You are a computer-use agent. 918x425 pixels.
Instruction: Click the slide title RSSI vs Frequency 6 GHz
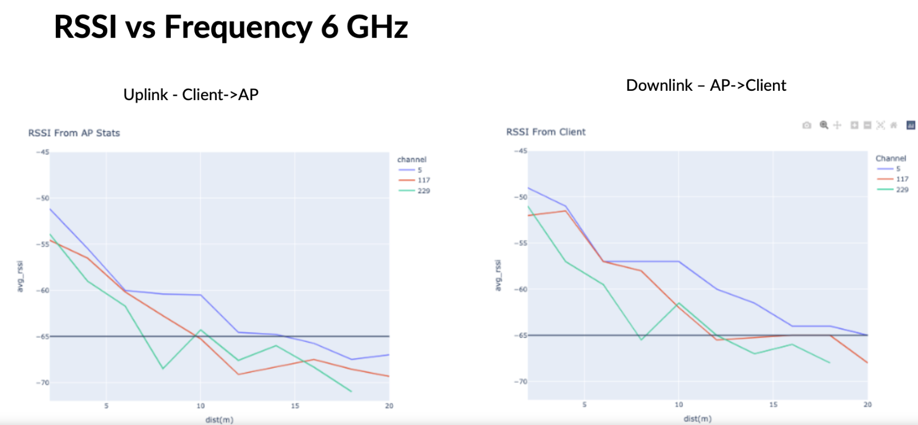(230, 27)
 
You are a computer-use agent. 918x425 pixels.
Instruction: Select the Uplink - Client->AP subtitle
(191, 95)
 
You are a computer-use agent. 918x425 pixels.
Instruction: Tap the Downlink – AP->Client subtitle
(706, 85)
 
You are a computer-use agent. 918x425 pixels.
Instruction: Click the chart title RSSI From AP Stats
(74, 133)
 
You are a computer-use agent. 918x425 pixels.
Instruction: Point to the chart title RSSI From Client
(546, 132)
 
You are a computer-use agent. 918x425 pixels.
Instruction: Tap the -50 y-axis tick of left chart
(43, 198)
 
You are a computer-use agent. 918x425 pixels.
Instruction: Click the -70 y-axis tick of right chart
(521, 382)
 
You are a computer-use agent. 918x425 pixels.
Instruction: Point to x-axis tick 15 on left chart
(295, 406)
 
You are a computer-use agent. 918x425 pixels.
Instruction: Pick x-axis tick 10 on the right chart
(679, 405)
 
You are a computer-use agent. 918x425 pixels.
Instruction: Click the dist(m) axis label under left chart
(220, 420)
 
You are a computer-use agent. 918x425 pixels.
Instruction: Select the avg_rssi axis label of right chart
(498, 275)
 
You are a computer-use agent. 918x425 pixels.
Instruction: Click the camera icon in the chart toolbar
(806, 125)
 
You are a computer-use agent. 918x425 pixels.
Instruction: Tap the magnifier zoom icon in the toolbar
(824, 125)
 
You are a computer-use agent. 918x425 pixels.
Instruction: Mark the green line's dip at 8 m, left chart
(163, 369)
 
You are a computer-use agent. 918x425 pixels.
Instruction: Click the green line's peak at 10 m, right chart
(679, 303)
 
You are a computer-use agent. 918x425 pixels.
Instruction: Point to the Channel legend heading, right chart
(891, 159)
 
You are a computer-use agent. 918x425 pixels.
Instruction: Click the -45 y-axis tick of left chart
(43, 152)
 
